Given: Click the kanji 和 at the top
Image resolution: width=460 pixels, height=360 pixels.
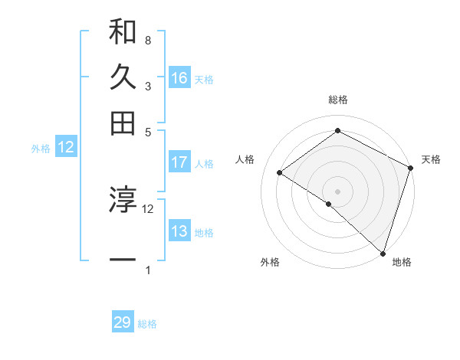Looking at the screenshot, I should point(123,32).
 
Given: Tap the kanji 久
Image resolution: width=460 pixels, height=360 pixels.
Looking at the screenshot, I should point(123,77).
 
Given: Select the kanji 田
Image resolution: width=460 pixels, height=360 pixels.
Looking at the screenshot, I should point(123,123).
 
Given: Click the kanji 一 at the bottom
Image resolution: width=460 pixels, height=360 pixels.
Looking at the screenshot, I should point(123,260).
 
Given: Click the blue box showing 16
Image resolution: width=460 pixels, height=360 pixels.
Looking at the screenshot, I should point(179,78).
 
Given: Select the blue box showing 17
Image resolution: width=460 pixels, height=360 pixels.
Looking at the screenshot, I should point(179,162).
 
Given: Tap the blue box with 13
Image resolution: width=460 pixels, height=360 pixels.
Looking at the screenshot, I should point(179,231).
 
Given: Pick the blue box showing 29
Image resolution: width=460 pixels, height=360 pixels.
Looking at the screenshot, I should point(123,322).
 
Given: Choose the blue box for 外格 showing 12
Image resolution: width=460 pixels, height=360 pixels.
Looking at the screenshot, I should point(66,148).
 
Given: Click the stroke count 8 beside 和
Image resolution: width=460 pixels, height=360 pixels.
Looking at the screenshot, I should point(147,40).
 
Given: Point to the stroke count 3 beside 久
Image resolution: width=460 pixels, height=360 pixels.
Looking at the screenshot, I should point(147,87).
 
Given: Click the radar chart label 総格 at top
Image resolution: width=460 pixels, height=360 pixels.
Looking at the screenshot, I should point(338,100).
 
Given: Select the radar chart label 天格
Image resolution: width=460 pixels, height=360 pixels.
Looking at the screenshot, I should point(431,159).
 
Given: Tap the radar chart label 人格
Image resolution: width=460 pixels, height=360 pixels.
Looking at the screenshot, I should point(245,159).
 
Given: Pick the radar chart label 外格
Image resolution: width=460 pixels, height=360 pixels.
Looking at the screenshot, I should point(270,263).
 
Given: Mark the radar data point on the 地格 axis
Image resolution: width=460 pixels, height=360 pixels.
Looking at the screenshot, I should point(383,253).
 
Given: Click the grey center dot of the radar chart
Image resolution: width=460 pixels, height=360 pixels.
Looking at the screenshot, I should point(337,191).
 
